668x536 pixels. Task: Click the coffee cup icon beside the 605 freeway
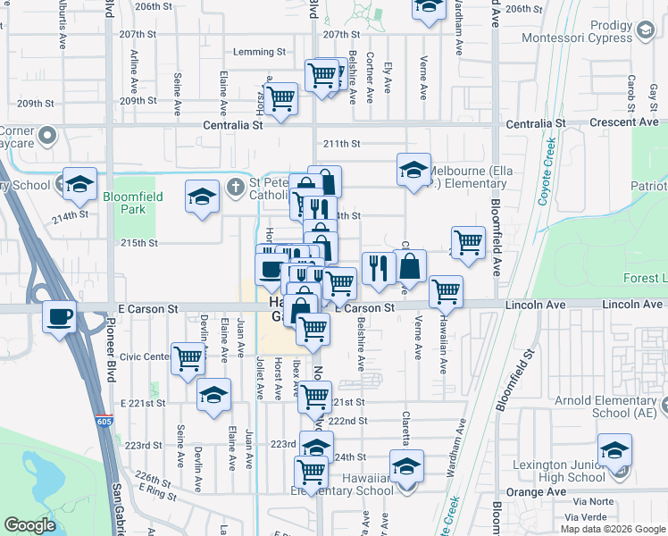pos(60,316)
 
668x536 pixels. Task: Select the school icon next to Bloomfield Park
pos(203,197)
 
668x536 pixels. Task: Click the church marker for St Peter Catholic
pos(235,188)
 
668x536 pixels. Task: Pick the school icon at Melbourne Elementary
pos(414,170)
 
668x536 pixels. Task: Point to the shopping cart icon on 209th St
pos(280,98)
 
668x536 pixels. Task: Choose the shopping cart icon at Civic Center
pos(188,359)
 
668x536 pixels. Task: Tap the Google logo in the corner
pos(30,525)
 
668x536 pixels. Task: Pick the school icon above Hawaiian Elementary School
pos(406,466)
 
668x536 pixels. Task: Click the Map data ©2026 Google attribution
pos(612,529)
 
